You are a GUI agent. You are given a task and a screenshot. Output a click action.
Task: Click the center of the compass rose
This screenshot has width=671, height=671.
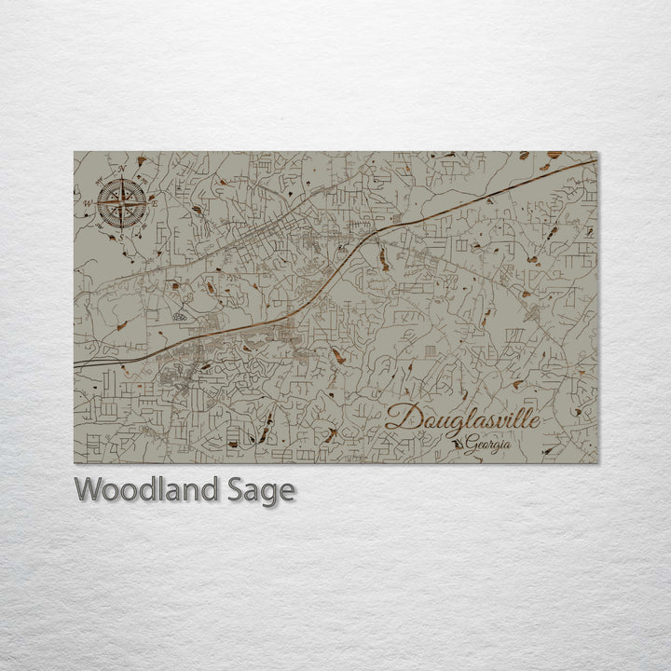tap(122, 203)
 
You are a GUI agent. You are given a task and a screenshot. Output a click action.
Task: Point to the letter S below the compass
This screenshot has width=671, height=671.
tap(120, 237)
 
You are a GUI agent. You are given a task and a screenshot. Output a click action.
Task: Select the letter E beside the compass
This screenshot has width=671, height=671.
tap(155, 200)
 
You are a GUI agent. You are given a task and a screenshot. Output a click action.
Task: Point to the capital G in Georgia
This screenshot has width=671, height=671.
tap(472, 445)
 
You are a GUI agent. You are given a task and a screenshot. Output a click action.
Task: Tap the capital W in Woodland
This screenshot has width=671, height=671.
tap(89, 488)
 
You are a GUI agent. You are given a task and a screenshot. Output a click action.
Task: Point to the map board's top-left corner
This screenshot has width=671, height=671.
tap(75, 151)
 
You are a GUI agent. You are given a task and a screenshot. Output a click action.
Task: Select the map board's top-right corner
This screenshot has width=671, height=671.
tap(597, 151)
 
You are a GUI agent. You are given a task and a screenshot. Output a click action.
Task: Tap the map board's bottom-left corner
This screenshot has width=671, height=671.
tap(75, 463)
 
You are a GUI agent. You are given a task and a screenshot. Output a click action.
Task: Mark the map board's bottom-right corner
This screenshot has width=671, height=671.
tap(597, 463)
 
